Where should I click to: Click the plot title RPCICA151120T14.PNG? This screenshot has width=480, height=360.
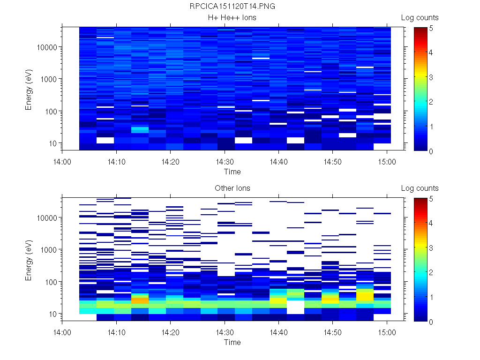232,7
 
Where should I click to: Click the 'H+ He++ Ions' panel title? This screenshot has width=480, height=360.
232,18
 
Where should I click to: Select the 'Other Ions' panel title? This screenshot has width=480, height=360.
232,188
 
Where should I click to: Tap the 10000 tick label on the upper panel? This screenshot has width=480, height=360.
47,47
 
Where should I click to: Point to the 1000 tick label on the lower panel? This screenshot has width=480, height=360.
49,250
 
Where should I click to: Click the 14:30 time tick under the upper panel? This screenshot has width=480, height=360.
225,161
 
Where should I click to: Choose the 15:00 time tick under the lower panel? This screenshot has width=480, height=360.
387,332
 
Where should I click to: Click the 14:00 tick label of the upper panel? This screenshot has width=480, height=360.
62,161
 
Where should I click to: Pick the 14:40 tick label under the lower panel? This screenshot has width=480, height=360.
279,332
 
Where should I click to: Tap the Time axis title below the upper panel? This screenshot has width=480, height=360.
232,172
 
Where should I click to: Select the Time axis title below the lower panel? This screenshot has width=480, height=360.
232,342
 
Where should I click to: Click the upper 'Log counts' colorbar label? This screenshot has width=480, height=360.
420,18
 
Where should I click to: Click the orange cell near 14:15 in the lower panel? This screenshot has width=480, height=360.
140,300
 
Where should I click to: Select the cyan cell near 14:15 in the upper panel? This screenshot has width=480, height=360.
140,129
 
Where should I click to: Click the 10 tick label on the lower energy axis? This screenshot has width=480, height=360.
52,314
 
